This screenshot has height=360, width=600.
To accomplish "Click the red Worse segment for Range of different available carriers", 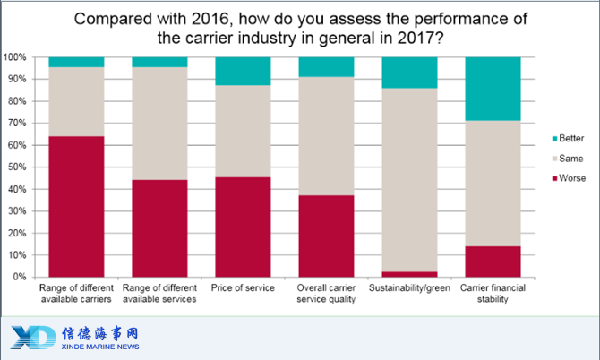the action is pyautogui.click(x=76, y=207).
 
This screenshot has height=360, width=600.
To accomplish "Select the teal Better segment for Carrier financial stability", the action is pyautogui.click(x=493, y=89).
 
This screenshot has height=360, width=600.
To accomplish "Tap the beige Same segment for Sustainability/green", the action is pyautogui.click(x=409, y=180).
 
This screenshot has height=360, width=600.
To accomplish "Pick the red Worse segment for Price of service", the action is pyautogui.click(x=243, y=227).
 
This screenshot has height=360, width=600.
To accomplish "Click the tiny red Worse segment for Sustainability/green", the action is pyautogui.click(x=409, y=274).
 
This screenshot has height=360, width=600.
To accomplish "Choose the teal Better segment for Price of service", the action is pyautogui.click(x=243, y=71).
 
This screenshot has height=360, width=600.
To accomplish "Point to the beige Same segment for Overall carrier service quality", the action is pyautogui.click(x=326, y=136).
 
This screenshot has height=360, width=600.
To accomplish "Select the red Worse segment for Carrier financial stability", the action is pyautogui.click(x=493, y=261).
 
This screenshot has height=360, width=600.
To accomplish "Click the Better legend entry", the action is pyautogui.click(x=569, y=138).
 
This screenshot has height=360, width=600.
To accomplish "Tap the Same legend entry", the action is pyautogui.click(x=568, y=159).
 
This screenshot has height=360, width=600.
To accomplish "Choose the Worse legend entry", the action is pyautogui.click(x=569, y=178).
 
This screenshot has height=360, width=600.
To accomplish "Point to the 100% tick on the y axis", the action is pyautogui.click(x=15, y=57).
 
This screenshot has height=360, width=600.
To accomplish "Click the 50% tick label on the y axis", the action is pyautogui.click(x=17, y=167).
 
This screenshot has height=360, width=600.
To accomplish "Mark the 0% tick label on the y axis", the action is pyautogui.click(x=20, y=277).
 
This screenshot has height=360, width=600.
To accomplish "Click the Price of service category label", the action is pyautogui.click(x=243, y=287).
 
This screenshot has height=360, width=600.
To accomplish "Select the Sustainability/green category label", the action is pyautogui.click(x=409, y=287).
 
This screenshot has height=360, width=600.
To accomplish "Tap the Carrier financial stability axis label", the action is pyautogui.click(x=493, y=294).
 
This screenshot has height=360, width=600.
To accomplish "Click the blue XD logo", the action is pyautogui.click(x=33, y=337).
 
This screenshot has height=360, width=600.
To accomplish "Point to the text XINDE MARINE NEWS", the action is pyautogui.click(x=100, y=347).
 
